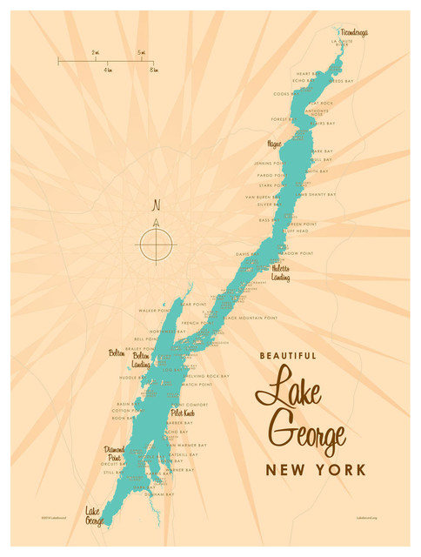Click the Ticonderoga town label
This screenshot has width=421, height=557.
point(353,33)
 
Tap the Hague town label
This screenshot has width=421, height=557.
point(276,142)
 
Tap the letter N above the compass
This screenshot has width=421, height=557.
point(157,206)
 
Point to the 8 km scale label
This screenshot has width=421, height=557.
point(152,69)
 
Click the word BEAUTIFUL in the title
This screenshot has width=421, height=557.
point(289,355)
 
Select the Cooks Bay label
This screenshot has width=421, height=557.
point(284,93)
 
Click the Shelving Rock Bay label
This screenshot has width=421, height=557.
point(206,376)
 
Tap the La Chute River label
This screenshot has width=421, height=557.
point(340,44)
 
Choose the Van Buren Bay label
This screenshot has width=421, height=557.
point(262,197)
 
